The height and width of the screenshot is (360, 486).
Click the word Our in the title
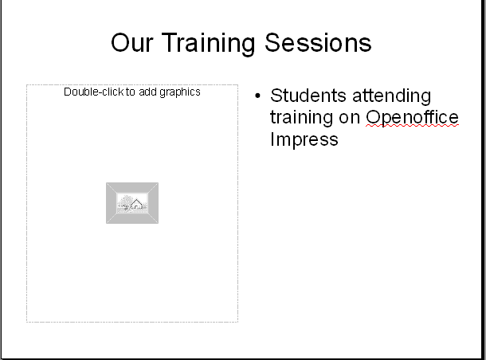(132, 43)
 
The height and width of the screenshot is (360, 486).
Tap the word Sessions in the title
(318, 43)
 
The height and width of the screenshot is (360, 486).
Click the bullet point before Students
(257, 96)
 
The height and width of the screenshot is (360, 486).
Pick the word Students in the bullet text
(308, 96)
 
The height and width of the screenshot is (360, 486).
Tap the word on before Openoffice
(349, 119)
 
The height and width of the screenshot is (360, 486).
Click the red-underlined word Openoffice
(412, 118)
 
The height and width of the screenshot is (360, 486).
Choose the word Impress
(304, 139)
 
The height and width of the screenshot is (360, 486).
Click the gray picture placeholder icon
(132, 203)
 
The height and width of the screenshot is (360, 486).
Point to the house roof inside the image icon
(136, 202)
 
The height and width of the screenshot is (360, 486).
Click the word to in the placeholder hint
(131, 92)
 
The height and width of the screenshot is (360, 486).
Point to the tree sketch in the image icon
(124, 202)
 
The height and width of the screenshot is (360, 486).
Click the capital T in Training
(170, 42)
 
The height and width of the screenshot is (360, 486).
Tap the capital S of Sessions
(272, 43)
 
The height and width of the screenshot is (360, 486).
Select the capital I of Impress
(272, 139)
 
